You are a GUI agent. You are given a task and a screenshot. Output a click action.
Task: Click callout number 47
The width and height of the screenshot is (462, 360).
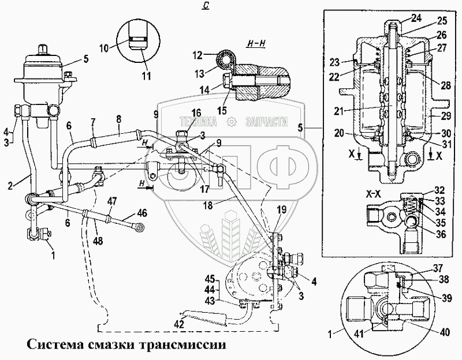coord(112,201)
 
